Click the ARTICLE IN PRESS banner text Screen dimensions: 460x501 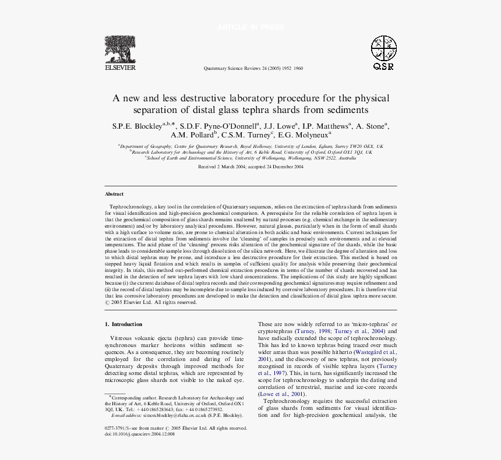click(250, 27)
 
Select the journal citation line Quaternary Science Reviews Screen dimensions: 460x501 click(253, 68)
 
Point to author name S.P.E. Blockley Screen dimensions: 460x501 click(137, 126)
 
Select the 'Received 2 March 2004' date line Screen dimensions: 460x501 click(250, 167)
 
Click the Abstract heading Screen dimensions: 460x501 click(114, 194)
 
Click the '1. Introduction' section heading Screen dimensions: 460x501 click(124, 324)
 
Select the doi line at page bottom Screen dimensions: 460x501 click(139, 434)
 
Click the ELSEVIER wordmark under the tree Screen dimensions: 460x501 click(120, 68)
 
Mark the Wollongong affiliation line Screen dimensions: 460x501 click(250, 158)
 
